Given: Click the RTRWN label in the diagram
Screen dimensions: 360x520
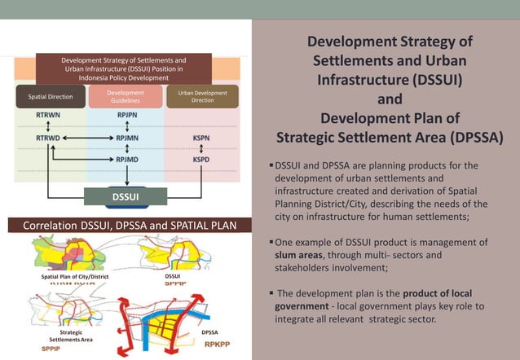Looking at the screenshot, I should [46, 116].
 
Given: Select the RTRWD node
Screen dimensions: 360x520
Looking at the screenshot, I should [46, 138].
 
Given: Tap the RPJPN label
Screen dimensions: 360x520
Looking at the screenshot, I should [126, 116].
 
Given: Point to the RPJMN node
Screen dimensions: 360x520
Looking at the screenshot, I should [126, 138].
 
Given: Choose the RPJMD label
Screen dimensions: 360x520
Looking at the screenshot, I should [126, 160].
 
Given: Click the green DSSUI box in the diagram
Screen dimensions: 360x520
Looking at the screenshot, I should [126, 197].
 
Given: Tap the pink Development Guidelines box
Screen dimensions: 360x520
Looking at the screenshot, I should [126, 97].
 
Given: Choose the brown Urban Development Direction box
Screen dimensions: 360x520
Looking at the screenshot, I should [203, 97].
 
